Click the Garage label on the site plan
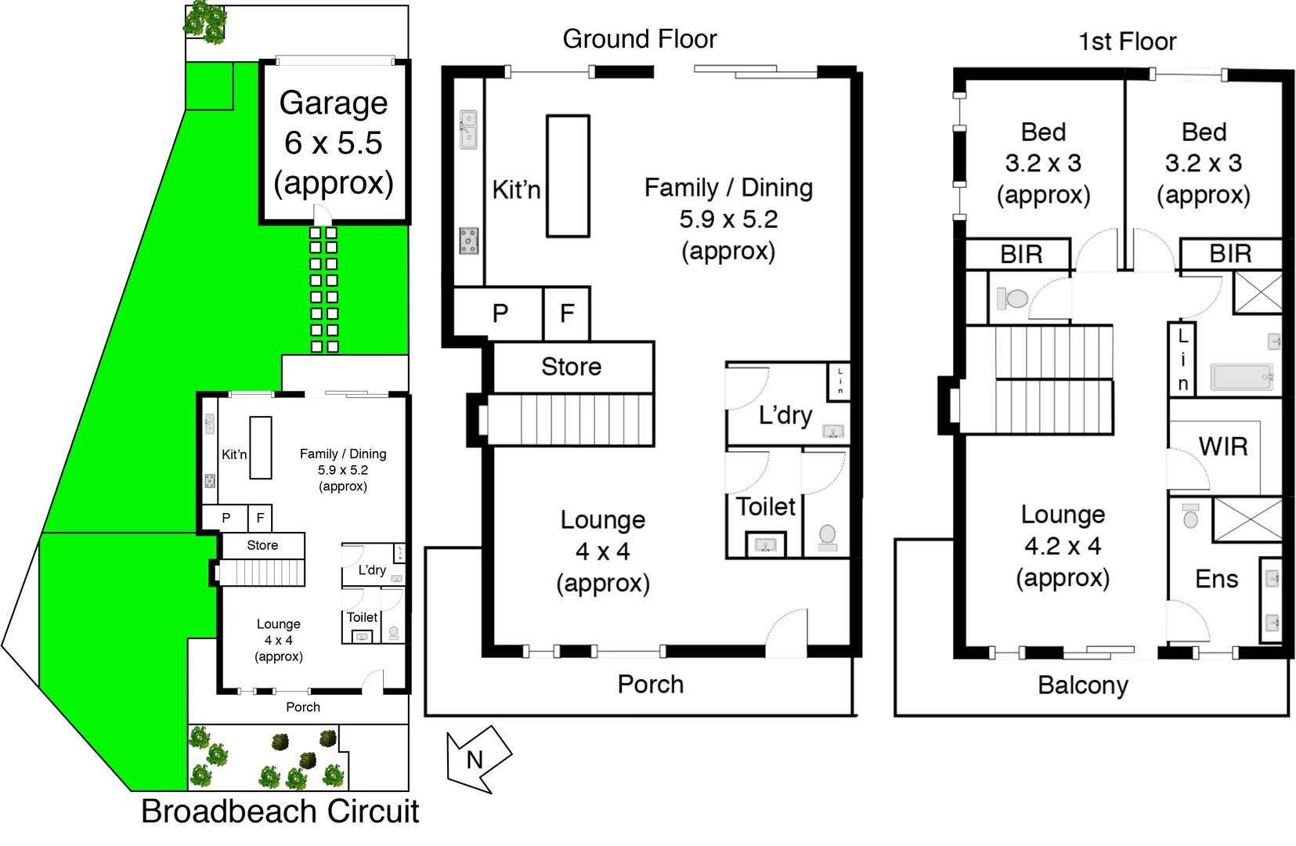334,103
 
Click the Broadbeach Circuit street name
280,812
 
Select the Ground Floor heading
639,39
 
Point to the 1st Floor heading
1127,42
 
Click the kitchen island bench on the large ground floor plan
568,175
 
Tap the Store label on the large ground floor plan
572,367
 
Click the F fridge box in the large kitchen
567,313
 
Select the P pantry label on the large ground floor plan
500,313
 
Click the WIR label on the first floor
1222,446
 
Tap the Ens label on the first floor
1216,579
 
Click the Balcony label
1082,685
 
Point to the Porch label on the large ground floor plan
650,684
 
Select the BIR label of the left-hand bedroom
1021,255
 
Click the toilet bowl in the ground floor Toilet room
827,535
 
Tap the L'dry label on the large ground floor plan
785,415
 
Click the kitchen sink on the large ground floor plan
468,129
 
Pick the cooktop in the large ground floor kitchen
468,240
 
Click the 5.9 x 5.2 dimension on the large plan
728,219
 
